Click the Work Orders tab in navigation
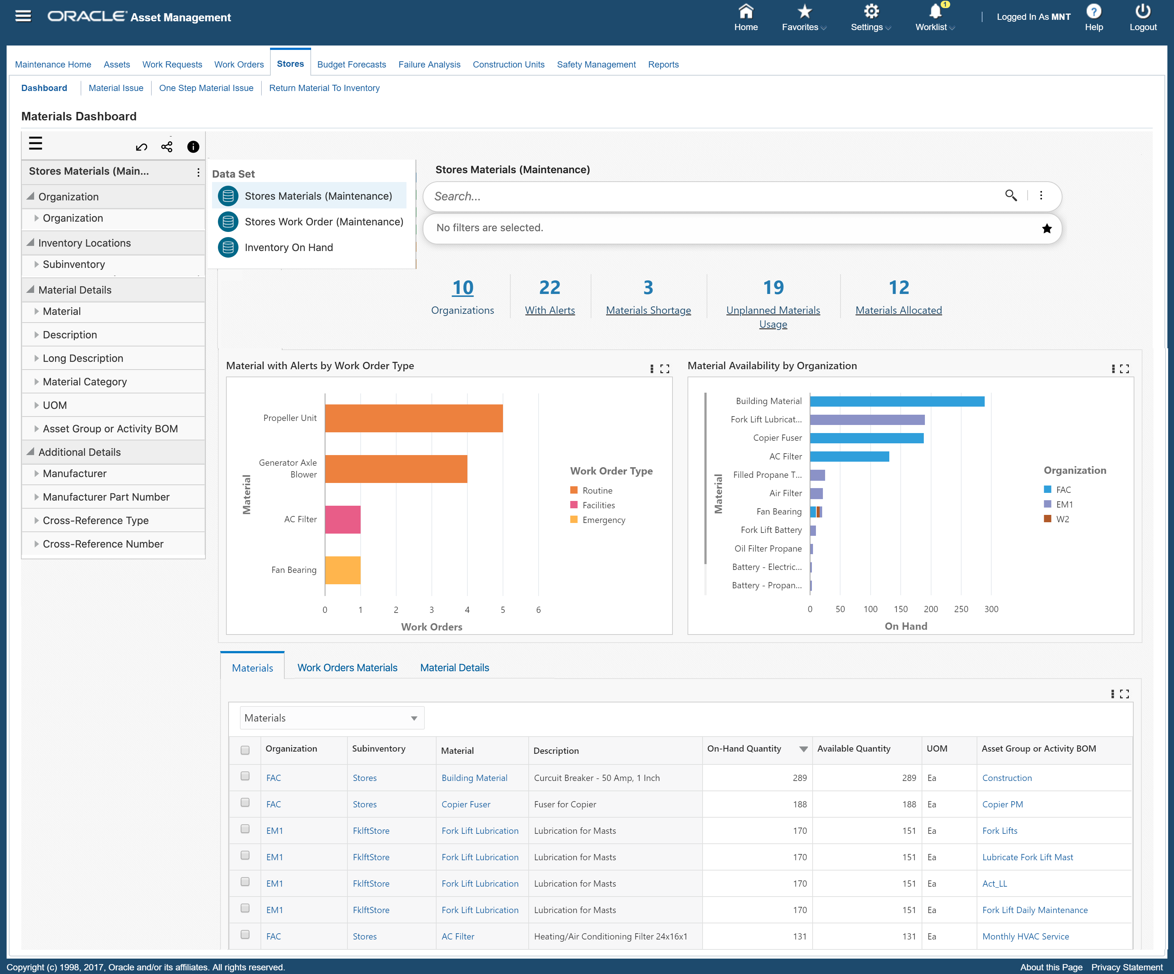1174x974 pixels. pyautogui.click(x=239, y=64)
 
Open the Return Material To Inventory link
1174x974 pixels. pyautogui.click(x=324, y=88)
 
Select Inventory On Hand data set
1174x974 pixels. pyautogui.click(x=288, y=247)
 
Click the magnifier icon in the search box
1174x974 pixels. pyautogui.click(x=1011, y=195)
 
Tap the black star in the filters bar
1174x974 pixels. pyautogui.click(x=1047, y=228)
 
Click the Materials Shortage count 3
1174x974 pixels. pyautogui.click(x=648, y=287)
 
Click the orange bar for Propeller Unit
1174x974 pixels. pyautogui.click(x=414, y=418)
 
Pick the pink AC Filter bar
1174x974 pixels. pyautogui.click(x=343, y=519)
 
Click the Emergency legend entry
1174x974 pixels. pyautogui.click(x=603, y=520)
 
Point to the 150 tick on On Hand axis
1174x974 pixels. pyautogui.click(x=901, y=609)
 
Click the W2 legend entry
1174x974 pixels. pyautogui.click(x=1062, y=519)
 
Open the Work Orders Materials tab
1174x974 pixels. pyautogui.click(x=347, y=668)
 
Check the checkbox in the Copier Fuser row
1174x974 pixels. pyautogui.click(x=245, y=803)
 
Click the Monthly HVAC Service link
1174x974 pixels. pyautogui.click(x=1025, y=936)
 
